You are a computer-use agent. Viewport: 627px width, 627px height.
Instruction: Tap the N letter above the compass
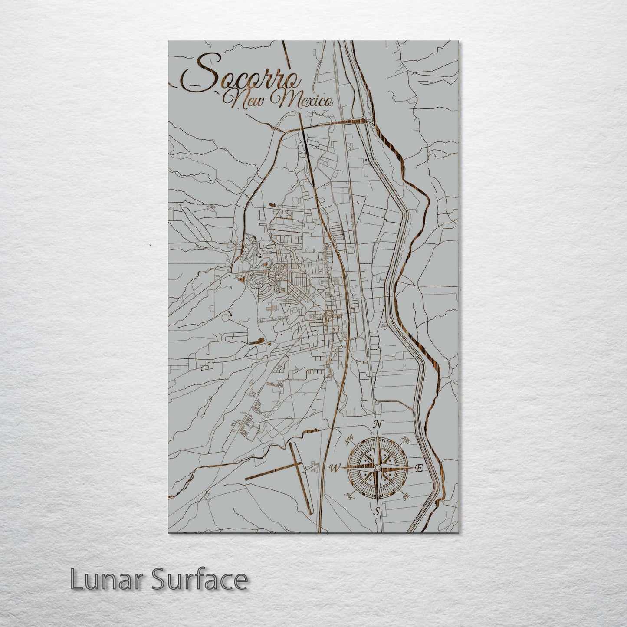pos(378,424)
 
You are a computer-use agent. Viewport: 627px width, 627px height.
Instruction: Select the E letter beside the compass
pos(419,468)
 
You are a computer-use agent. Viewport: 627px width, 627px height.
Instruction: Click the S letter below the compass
pos(378,512)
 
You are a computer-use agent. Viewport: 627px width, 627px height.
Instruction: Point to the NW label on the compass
pos(348,442)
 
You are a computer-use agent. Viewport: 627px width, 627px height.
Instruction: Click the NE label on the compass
pos(406,440)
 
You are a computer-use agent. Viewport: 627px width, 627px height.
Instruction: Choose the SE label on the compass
pos(406,498)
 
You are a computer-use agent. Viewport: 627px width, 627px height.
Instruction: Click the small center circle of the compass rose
pos(377,467)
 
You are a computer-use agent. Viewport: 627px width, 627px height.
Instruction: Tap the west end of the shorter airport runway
pos(246,479)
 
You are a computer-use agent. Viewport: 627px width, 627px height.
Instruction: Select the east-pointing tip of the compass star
pos(412,467)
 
